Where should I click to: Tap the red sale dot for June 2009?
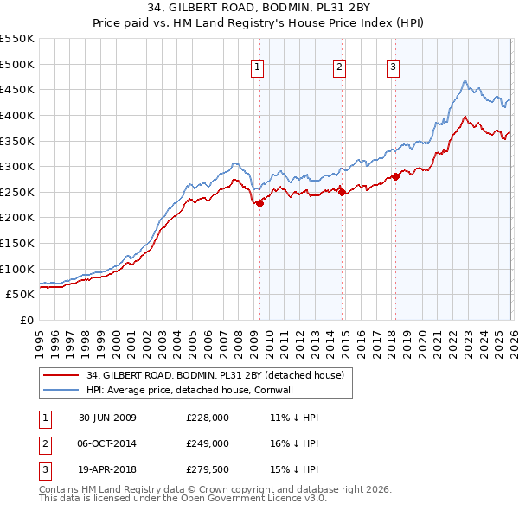click(259, 203)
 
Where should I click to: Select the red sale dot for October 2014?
click(341, 193)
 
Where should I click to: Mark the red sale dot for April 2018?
click(395, 176)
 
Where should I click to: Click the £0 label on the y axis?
click(27, 320)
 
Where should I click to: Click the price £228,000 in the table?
click(207, 418)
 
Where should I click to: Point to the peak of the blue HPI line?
click(465, 80)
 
